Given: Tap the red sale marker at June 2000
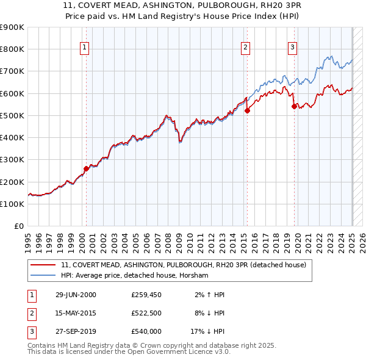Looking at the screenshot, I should click(86, 169).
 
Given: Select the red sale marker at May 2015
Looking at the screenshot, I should click(247, 110).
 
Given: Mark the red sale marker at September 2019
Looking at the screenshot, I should click(294, 106).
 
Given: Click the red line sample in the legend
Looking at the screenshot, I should click(44, 265).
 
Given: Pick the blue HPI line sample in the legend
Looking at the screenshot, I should click(44, 276).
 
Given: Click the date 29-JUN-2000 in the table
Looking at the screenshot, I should click(76, 295).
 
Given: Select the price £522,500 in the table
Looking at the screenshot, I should click(146, 313).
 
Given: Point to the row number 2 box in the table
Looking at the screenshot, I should click(30, 313).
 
